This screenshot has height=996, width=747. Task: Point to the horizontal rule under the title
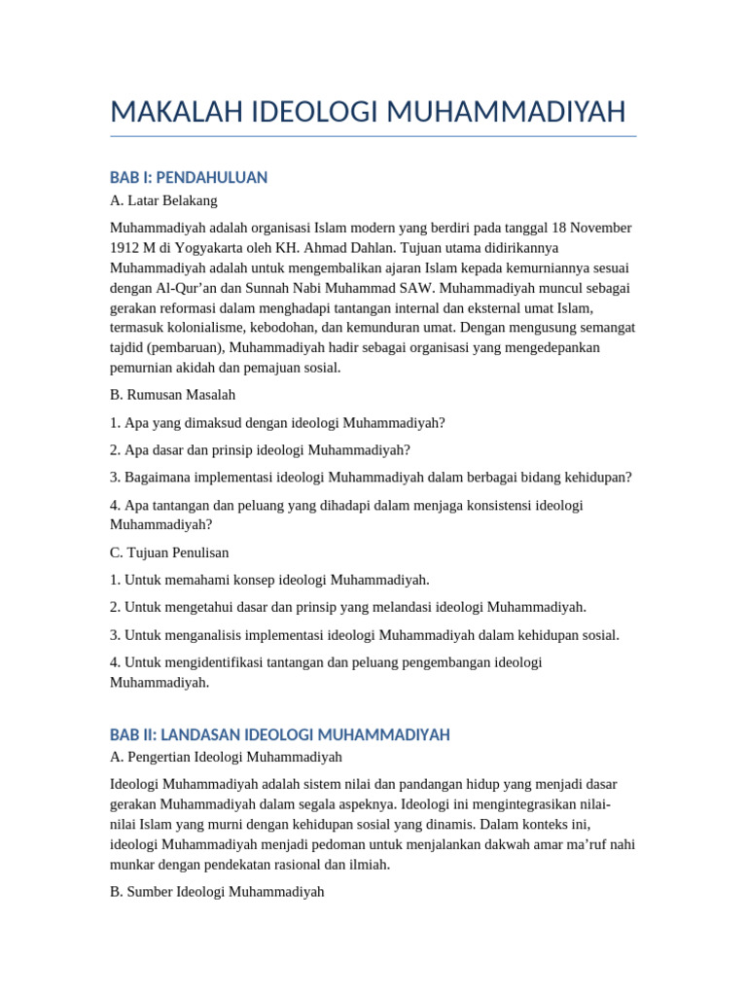(x=373, y=136)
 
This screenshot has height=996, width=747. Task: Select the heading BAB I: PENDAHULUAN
(x=189, y=177)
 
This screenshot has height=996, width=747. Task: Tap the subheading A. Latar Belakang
(x=163, y=200)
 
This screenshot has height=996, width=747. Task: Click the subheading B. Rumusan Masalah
(x=173, y=395)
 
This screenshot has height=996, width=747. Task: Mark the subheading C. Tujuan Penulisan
(x=170, y=551)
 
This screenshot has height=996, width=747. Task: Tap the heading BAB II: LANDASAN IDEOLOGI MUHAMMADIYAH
(x=280, y=734)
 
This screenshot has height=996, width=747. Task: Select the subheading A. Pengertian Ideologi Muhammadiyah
(x=227, y=756)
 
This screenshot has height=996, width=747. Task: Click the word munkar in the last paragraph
(x=131, y=863)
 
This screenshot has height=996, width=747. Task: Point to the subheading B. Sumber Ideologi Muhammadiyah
(x=217, y=890)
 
